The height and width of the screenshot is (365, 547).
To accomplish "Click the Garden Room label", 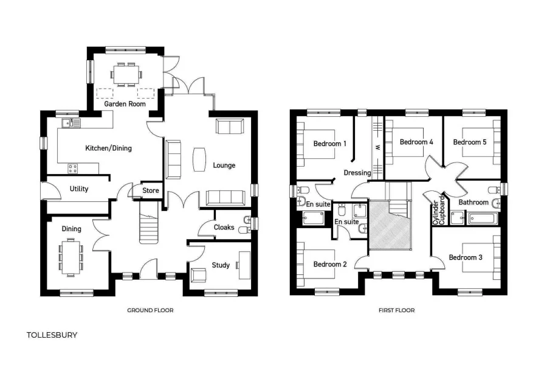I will (125, 104).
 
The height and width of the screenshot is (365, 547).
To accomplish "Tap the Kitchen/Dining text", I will (108, 148).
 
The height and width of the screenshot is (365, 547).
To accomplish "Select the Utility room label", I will (79, 189).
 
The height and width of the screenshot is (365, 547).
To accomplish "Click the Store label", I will (150, 190).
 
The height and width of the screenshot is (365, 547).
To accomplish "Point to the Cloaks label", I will (224, 228).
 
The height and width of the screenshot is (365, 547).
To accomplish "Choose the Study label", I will (221, 265).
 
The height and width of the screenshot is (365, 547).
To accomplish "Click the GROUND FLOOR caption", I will (150, 310).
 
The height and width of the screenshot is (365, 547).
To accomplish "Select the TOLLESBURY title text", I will (52, 335).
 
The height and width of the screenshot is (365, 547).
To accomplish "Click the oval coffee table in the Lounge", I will (199, 159).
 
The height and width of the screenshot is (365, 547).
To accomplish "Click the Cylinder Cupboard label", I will (439, 210).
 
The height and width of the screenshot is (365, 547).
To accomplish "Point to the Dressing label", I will (357, 173).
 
